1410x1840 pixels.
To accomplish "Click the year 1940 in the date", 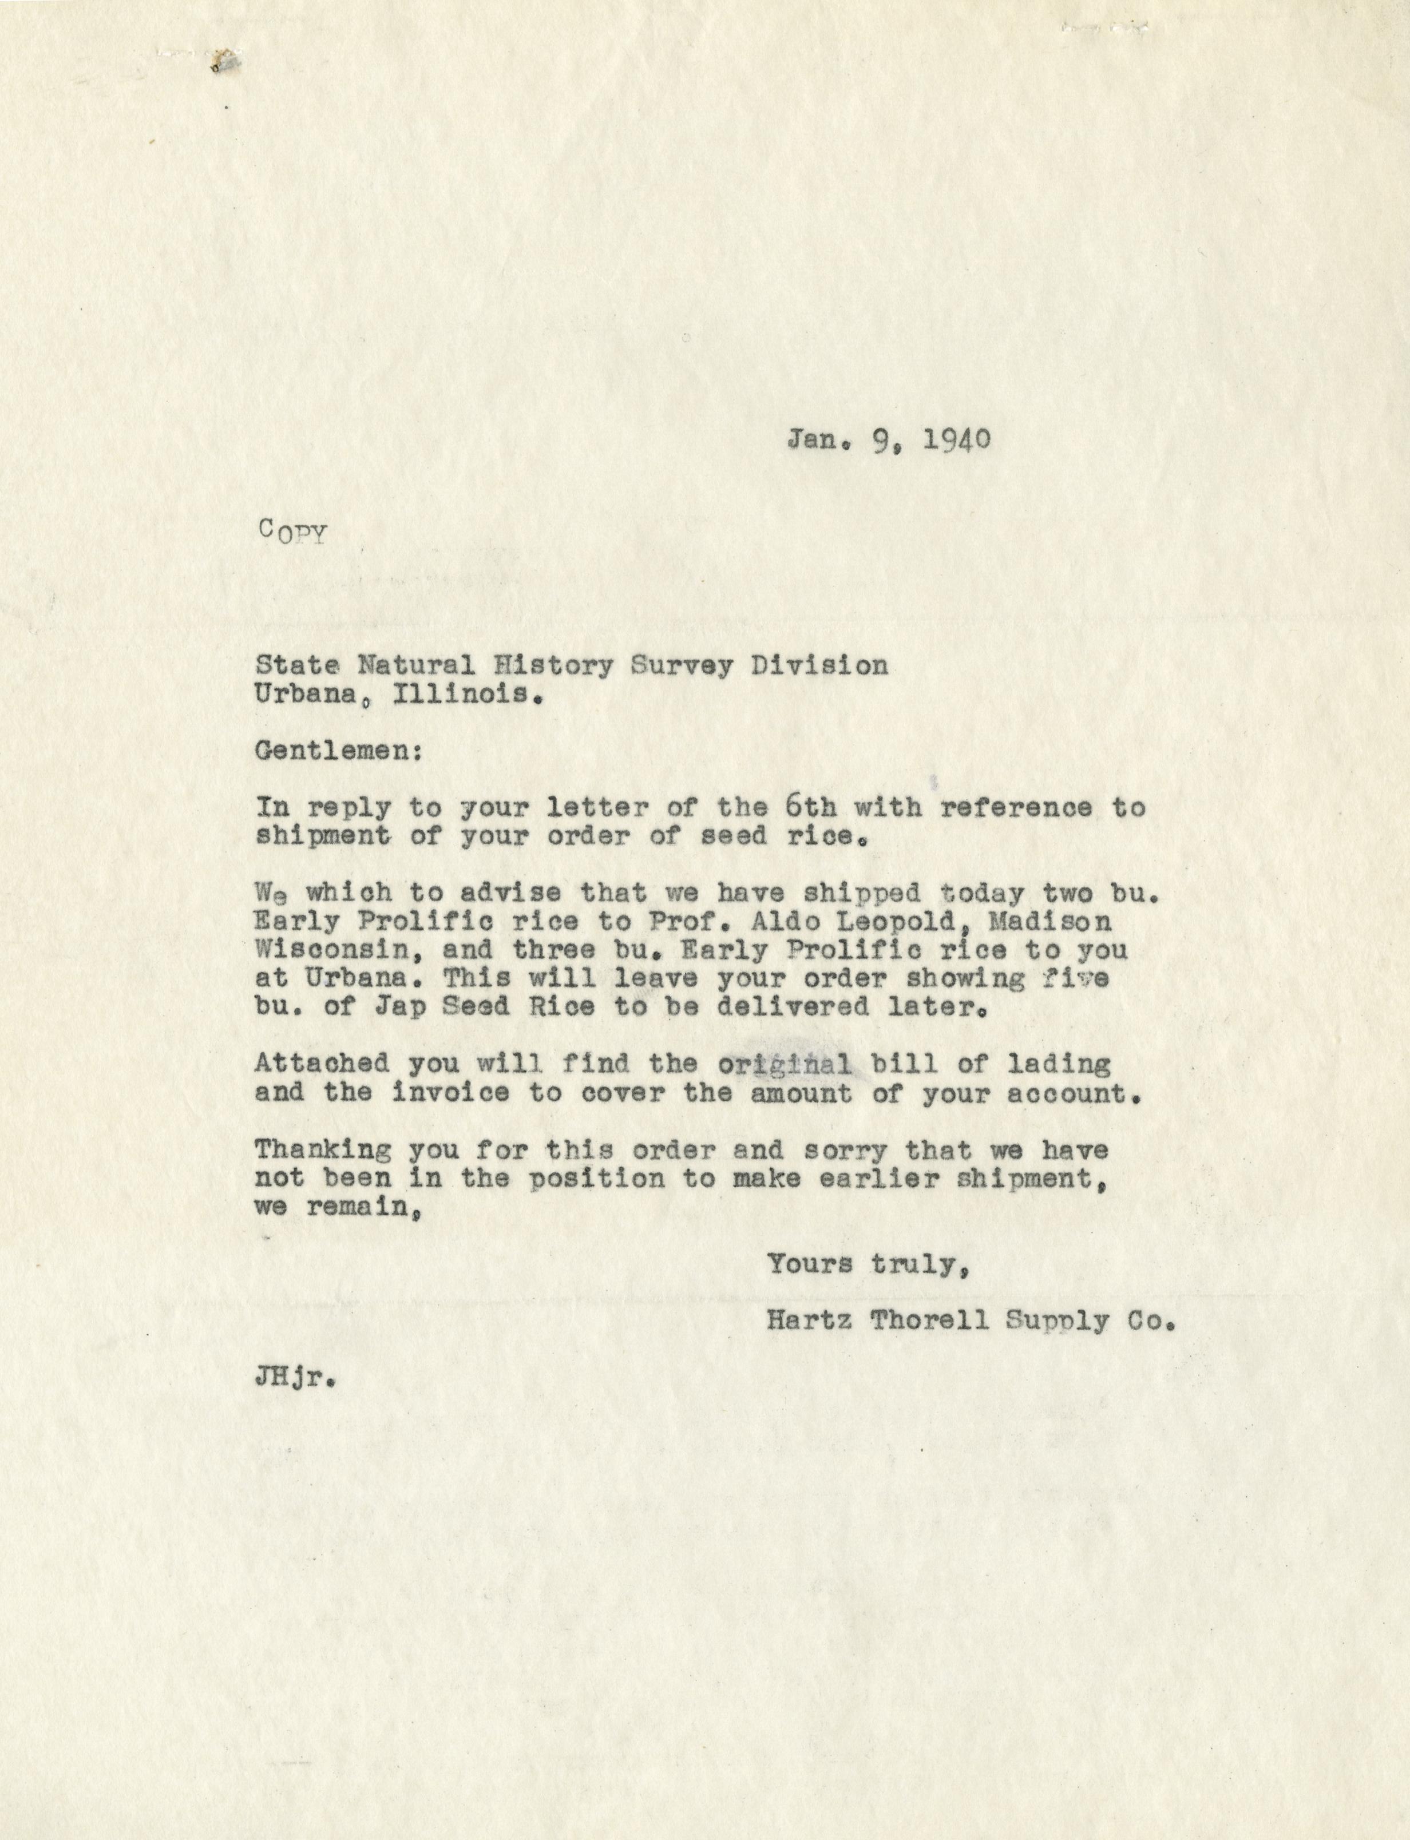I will pos(956,439).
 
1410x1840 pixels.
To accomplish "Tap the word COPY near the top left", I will pos(292,532).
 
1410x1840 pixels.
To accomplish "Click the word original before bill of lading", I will pos(782,1064).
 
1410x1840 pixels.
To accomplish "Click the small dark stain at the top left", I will pos(224,61).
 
